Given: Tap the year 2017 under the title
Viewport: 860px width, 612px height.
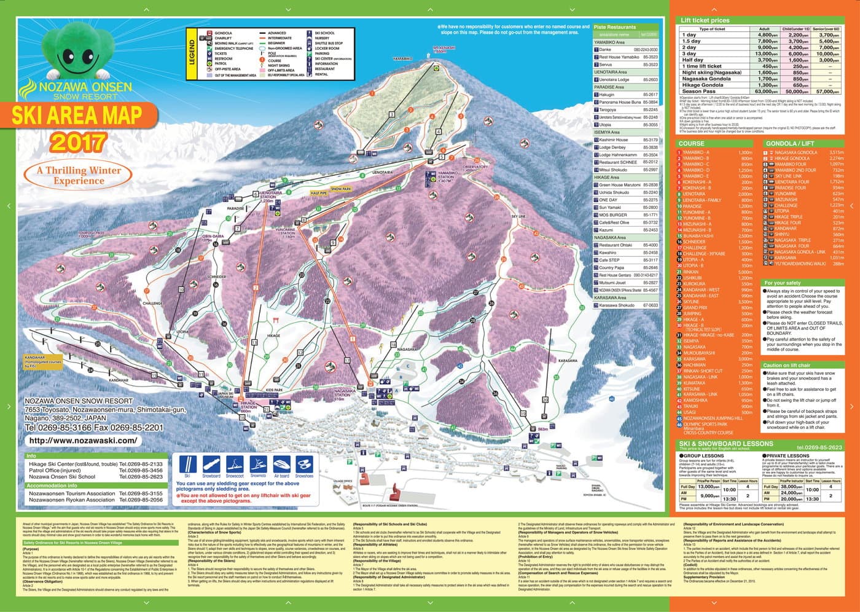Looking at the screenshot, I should click(78, 143).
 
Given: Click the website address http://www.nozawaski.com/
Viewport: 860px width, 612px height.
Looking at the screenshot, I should click(83, 441).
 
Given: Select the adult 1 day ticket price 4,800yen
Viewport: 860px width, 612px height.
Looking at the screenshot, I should click(767, 35).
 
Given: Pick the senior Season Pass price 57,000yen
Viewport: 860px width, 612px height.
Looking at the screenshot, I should click(827, 91).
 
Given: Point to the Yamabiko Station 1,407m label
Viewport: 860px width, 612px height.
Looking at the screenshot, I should click(446, 178).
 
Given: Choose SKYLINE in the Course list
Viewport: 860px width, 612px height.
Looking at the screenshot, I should click(691, 302).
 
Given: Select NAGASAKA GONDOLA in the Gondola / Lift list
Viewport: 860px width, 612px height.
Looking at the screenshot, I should click(795, 152).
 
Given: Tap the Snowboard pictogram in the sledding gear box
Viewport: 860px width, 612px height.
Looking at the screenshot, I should click(211, 466).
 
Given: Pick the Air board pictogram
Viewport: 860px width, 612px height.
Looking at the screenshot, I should click(281, 466).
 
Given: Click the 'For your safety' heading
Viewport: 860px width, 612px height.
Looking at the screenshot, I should click(783, 283).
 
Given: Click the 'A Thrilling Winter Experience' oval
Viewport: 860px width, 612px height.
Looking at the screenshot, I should click(78, 175).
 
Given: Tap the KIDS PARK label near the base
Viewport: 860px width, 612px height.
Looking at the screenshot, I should click(274, 390).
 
